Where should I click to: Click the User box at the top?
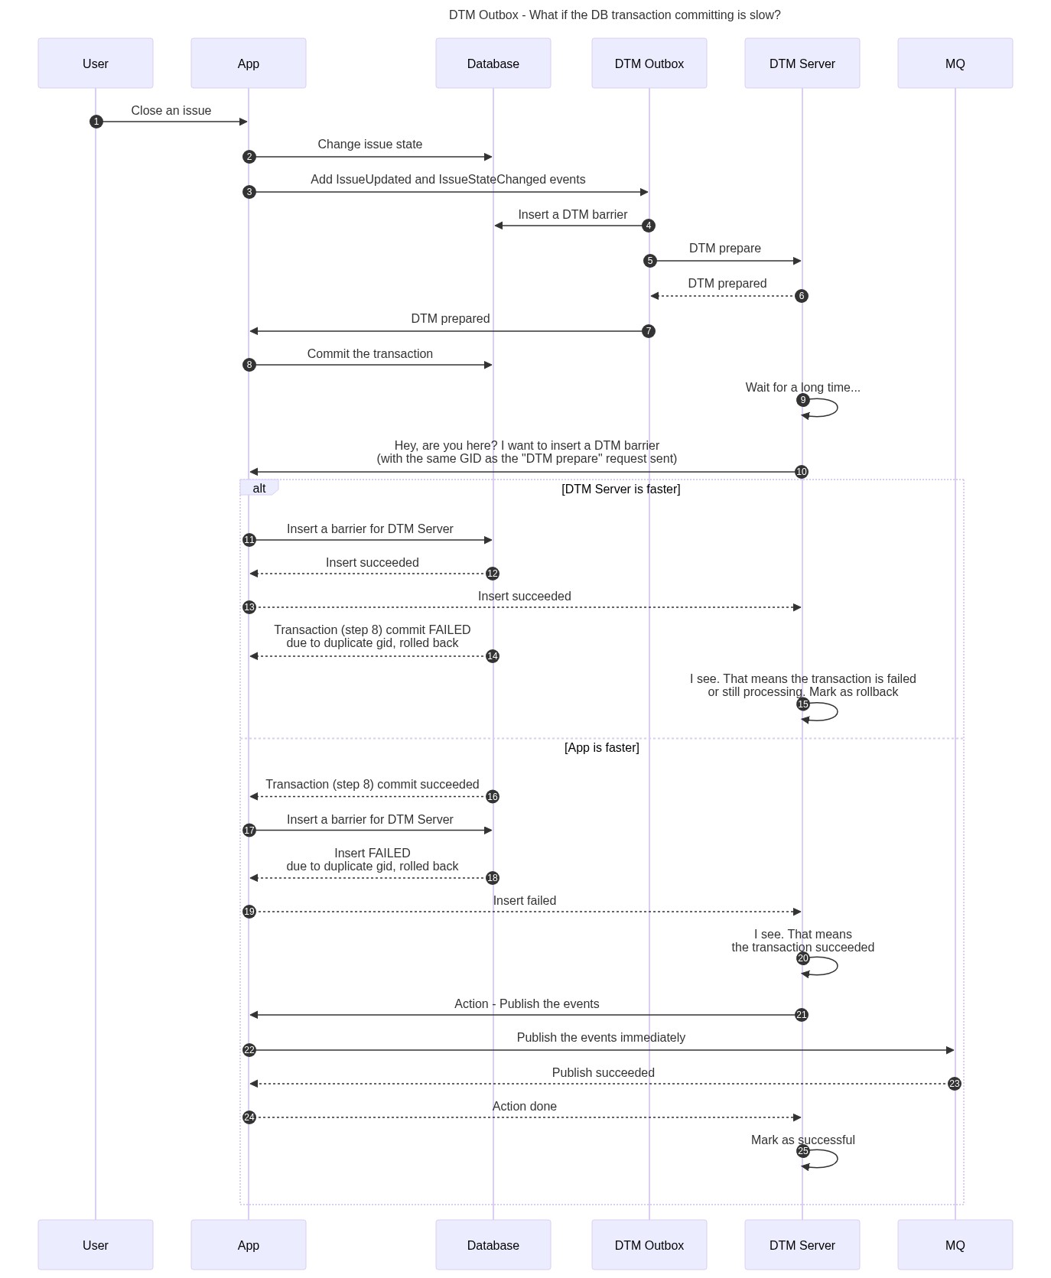pos(96,63)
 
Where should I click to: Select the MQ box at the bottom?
pos(955,1245)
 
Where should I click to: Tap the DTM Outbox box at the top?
pos(649,63)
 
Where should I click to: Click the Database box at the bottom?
pos(493,1245)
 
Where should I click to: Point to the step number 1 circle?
pos(96,122)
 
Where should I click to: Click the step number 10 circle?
pos(802,472)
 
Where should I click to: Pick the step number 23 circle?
pos(955,1084)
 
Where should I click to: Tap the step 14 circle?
pos(493,656)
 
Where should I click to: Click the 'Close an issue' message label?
pos(171,111)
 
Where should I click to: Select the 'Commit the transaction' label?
pos(370,354)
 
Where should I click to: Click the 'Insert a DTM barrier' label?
pos(573,215)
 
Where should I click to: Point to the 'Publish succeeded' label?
pos(604,1073)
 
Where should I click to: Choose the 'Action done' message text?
pos(525,1107)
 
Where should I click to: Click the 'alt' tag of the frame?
pos(259,488)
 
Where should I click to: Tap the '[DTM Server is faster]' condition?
pos(621,489)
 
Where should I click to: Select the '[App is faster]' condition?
pos(602,748)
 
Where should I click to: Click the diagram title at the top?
pos(615,15)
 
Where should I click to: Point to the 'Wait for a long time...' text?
pos(803,388)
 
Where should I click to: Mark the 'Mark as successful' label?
pos(803,1140)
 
